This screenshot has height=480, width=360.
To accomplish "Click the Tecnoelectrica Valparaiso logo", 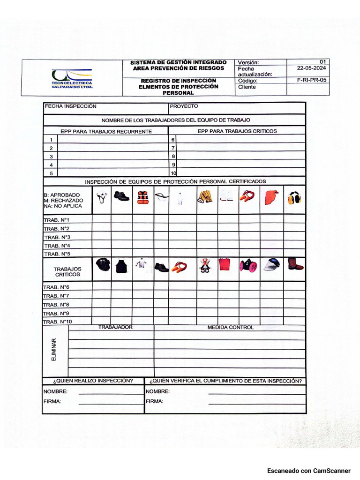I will click(x=72, y=78).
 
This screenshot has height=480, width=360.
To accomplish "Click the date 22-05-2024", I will click(x=312, y=68).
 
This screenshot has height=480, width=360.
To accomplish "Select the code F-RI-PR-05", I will click(x=312, y=80).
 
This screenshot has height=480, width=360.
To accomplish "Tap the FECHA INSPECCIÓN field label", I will click(x=70, y=106).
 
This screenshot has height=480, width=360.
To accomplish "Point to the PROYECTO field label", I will click(x=184, y=106).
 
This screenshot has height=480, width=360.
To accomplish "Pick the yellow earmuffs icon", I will click(x=294, y=198).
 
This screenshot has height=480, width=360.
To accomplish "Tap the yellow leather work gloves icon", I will click(x=205, y=197).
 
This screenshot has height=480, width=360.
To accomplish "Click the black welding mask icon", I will click(x=103, y=265).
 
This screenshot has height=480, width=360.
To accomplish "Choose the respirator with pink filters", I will click(x=248, y=266).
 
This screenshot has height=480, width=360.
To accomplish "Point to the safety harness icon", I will click(x=204, y=266).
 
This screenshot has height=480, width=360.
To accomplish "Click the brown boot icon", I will click(x=295, y=264).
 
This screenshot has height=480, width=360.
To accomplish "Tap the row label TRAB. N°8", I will click(x=57, y=305).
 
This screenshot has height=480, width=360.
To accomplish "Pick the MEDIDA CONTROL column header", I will click(x=230, y=328).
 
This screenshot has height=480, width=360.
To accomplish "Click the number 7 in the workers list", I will click(x=173, y=148).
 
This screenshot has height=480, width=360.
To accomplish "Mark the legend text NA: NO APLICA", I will click(x=63, y=206).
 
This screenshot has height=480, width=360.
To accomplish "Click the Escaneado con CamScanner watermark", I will click(x=308, y=471).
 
